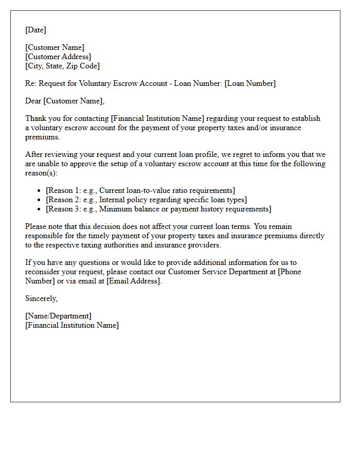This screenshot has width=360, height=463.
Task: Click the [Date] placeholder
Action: point(35,30)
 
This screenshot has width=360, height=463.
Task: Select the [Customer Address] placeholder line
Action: point(58,57)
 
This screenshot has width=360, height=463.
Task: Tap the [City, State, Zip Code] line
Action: point(62,66)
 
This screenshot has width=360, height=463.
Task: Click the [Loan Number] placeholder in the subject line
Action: point(250,83)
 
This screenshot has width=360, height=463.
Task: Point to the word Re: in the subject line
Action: point(31,83)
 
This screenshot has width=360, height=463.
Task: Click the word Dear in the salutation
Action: point(33,101)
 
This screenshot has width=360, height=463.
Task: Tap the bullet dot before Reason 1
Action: point(39,191)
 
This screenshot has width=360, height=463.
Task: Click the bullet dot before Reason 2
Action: point(39,200)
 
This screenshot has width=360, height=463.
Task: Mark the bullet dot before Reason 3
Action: point(39,209)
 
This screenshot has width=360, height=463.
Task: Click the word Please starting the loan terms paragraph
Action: point(37,226)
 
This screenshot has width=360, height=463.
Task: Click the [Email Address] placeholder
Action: point(134,281)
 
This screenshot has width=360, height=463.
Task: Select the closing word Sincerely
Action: point(41,298)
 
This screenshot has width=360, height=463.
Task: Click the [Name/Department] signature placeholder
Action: point(58,316)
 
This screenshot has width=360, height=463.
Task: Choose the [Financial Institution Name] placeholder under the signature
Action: point(71,325)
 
